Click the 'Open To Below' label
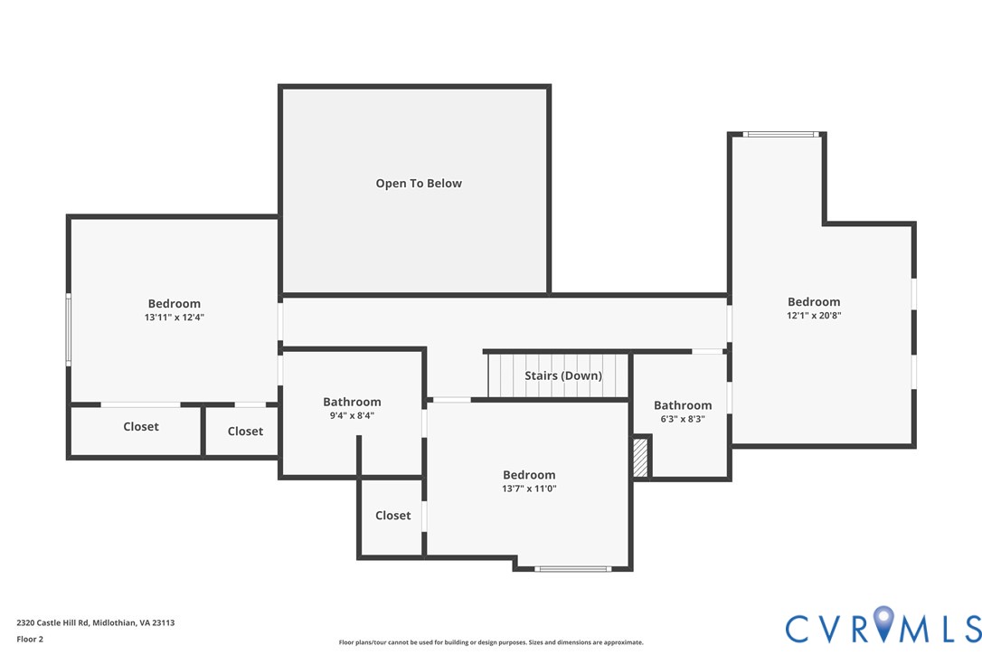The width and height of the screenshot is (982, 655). click(419, 183)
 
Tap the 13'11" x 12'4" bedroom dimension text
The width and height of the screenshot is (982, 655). click(175, 318)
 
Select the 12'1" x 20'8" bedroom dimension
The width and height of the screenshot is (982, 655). click(814, 315)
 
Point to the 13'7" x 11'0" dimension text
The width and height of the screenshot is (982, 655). click(529, 489)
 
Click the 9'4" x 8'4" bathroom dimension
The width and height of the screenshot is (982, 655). click(352, 415)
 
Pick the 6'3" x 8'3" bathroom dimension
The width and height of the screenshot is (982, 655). click(683, 419)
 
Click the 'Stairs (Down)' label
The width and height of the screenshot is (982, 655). click(563, 375)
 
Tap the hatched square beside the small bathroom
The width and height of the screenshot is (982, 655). click(640, 458)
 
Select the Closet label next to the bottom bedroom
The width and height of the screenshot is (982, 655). click(392, 516)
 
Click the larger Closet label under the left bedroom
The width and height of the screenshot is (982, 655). click(141, 426)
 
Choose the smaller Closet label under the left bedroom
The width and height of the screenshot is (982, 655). click(245, 432)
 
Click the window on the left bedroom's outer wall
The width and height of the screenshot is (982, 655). click(68, 329)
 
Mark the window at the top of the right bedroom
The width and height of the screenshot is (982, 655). click(781, 134)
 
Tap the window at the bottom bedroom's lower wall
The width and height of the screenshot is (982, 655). click(572, 569)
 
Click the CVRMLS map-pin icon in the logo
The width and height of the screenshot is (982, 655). click(883, 623)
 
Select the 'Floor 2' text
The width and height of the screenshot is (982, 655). click(30, 640)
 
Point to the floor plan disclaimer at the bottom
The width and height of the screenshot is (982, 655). click(491, 642)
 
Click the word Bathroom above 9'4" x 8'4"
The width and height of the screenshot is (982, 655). click(352, 402)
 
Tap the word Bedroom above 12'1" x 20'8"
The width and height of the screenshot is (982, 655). click(814, 301)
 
